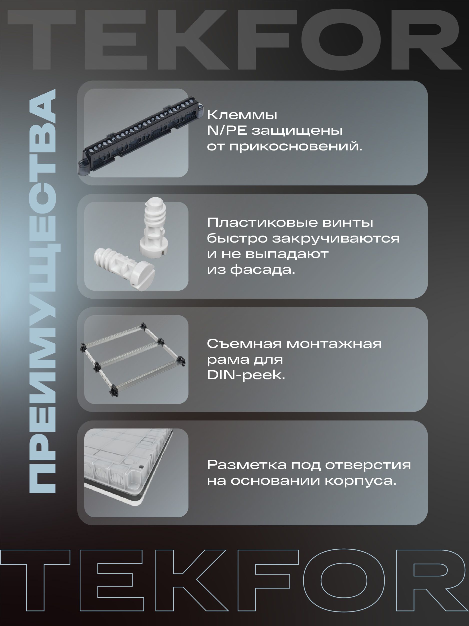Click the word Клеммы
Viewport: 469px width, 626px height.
click(242, 115)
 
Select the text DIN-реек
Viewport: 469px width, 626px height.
click(246, 375)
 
